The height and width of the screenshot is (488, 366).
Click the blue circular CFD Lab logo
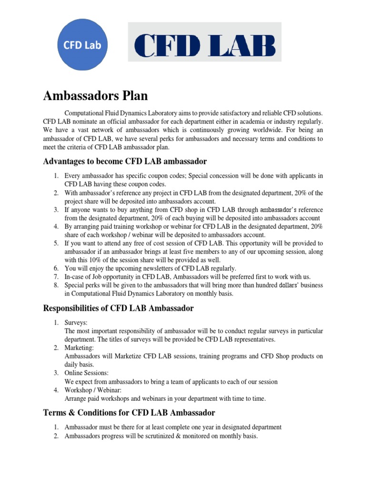click(x=82, y=46)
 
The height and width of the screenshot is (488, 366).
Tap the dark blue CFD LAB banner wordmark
click(x=204, y=47)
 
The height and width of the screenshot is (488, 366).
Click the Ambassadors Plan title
click(x=95, y=96)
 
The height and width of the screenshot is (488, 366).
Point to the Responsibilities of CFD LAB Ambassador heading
click(x=118, y=308)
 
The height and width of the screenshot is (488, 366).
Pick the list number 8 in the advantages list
click(x=56, y=285)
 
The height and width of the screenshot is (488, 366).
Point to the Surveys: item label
click(x=76, y=323)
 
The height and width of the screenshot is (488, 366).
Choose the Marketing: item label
click(x=79, y=348)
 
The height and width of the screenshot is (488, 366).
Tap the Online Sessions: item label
click(x=86, y=373)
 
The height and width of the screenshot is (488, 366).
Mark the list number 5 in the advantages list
click(x=56, y=243)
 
